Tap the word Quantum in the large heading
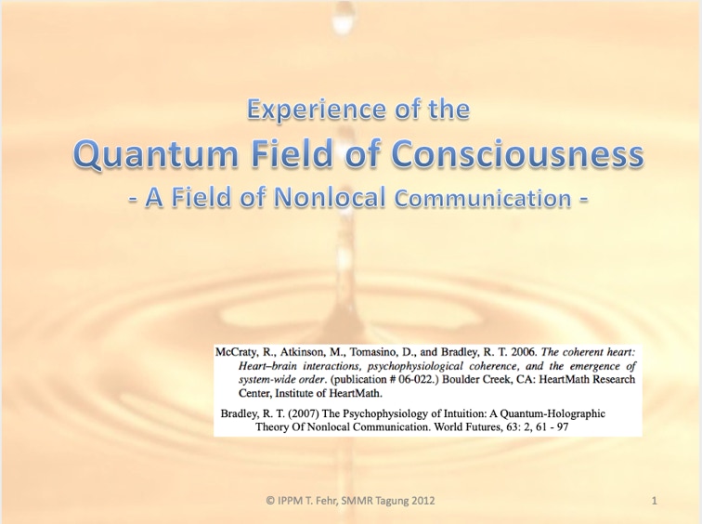[x=155, y=153]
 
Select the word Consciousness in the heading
[x=517, y=153]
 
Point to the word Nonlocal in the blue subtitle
[x=330, y=197]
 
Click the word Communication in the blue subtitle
[x=483, y=198]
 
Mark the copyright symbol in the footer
[x=270, y=501]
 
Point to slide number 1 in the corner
[x=655, y=501]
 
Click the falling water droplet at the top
[x=344, y=17]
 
